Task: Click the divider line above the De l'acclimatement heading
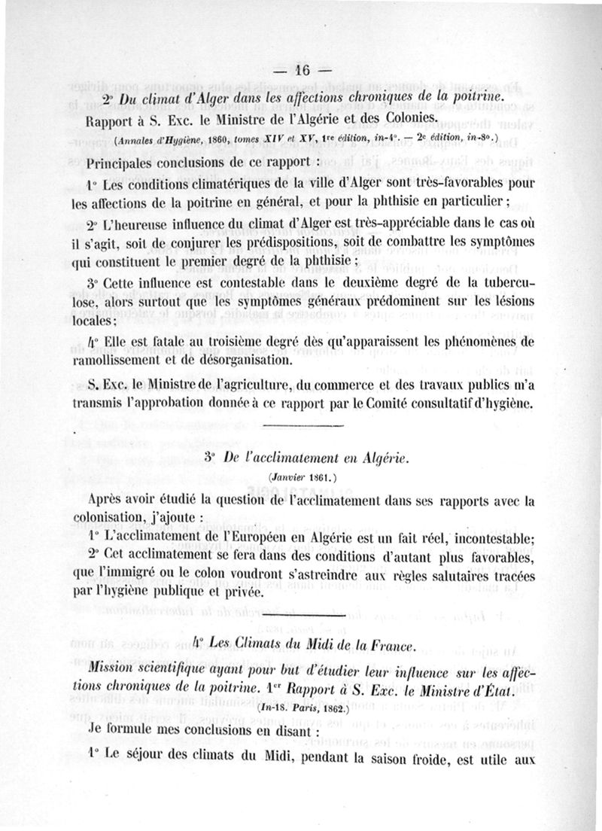tap(304, 430)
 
